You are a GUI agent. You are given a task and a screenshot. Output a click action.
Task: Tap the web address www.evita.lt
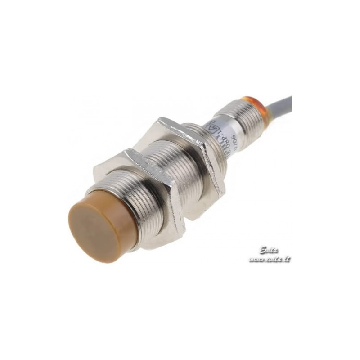[x=270, y=260]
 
